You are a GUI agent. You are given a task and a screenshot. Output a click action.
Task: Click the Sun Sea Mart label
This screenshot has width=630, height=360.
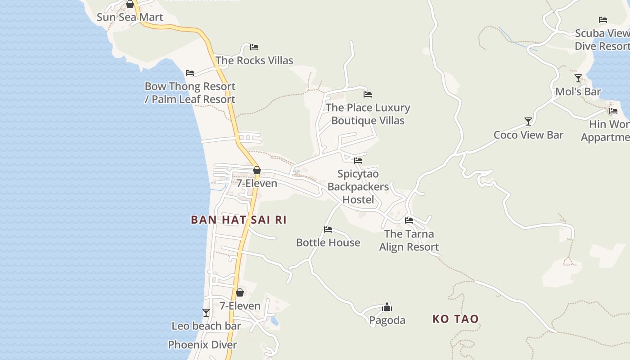(130, 18)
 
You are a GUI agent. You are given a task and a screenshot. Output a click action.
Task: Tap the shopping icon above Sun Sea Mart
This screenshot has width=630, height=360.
(130, 4)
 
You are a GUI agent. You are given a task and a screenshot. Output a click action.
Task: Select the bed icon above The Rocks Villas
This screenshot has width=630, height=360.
(254, 47)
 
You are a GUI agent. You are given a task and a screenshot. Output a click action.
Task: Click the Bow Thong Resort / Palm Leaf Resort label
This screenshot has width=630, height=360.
(190, 93)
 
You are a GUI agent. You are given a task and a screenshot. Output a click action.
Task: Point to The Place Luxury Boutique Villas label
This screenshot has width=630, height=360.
(368, 114)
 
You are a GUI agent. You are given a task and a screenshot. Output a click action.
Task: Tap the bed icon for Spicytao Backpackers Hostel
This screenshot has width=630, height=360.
(358, 160)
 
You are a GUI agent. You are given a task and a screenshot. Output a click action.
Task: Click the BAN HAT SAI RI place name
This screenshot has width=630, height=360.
(238, 220)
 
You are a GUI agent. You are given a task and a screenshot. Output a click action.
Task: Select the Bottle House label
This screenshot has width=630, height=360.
(328, 243)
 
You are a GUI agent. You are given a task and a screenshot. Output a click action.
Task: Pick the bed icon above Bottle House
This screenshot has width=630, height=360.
(328, 229)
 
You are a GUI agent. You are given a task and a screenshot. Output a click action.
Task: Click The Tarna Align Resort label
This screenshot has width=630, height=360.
(409, 240)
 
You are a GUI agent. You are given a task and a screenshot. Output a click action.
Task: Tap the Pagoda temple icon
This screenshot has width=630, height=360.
(387, 307)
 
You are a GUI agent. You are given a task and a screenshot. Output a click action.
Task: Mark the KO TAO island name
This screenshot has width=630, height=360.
(455, 319)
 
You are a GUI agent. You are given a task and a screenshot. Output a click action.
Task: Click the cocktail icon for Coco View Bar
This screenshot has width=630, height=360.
(528, 121)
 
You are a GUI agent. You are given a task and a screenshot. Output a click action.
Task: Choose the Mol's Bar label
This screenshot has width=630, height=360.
(578, 92)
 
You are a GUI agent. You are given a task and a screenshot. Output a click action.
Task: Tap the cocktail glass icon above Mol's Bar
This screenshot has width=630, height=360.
(578, 78)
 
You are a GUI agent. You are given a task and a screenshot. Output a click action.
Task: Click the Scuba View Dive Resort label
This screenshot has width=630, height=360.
(602, 40)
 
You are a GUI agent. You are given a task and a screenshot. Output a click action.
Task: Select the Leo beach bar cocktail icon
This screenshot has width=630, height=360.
(206, 313)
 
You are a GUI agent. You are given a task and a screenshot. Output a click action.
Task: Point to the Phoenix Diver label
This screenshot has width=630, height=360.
(202, 345)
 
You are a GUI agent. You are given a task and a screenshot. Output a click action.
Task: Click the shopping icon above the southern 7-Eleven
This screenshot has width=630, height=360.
(240, 292)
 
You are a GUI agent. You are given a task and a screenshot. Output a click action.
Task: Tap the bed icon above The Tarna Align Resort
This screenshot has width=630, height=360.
(409, 220)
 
